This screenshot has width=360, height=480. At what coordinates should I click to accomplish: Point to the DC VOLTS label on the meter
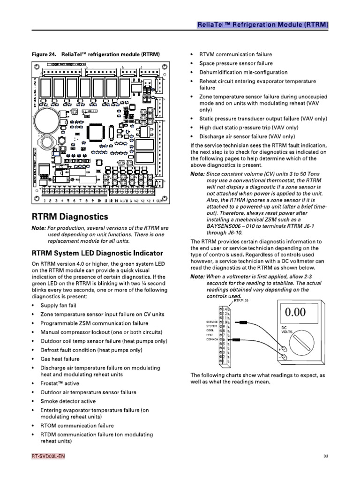coord(286,330)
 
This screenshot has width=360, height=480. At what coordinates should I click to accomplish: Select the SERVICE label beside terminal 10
coord(211,322)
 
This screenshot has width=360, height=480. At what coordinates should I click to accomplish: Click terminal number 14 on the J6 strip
coord(225,310)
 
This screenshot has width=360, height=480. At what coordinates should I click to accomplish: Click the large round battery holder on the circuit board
coord(49,114)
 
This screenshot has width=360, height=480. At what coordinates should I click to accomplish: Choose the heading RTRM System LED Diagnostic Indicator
coord(97,253)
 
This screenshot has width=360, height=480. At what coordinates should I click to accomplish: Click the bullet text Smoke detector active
coord(68,401)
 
